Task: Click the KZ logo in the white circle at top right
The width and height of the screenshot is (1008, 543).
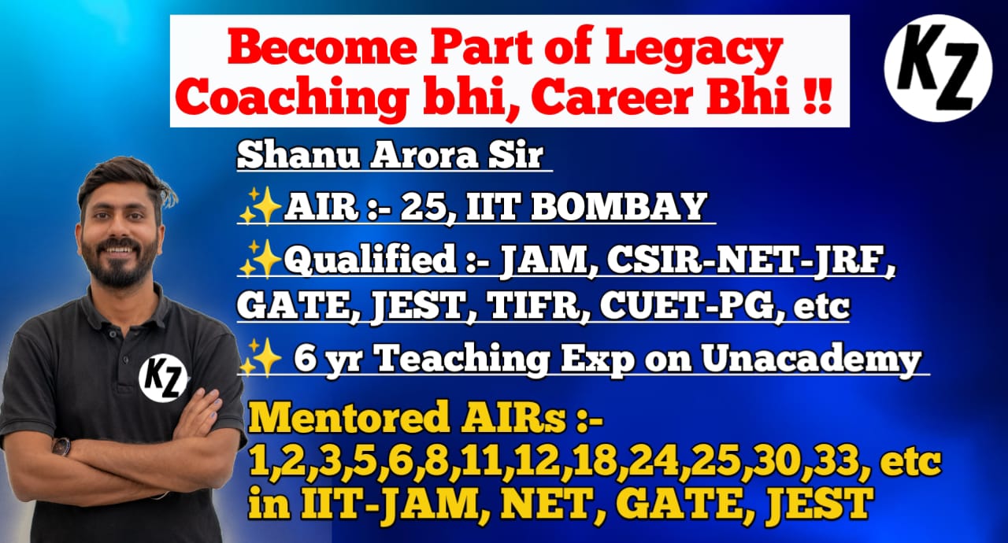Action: (x=938, y=68)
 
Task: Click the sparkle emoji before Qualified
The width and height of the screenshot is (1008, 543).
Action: (x=260, y=257)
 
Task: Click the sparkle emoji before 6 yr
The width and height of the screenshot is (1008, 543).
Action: (x=260, y=358)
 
